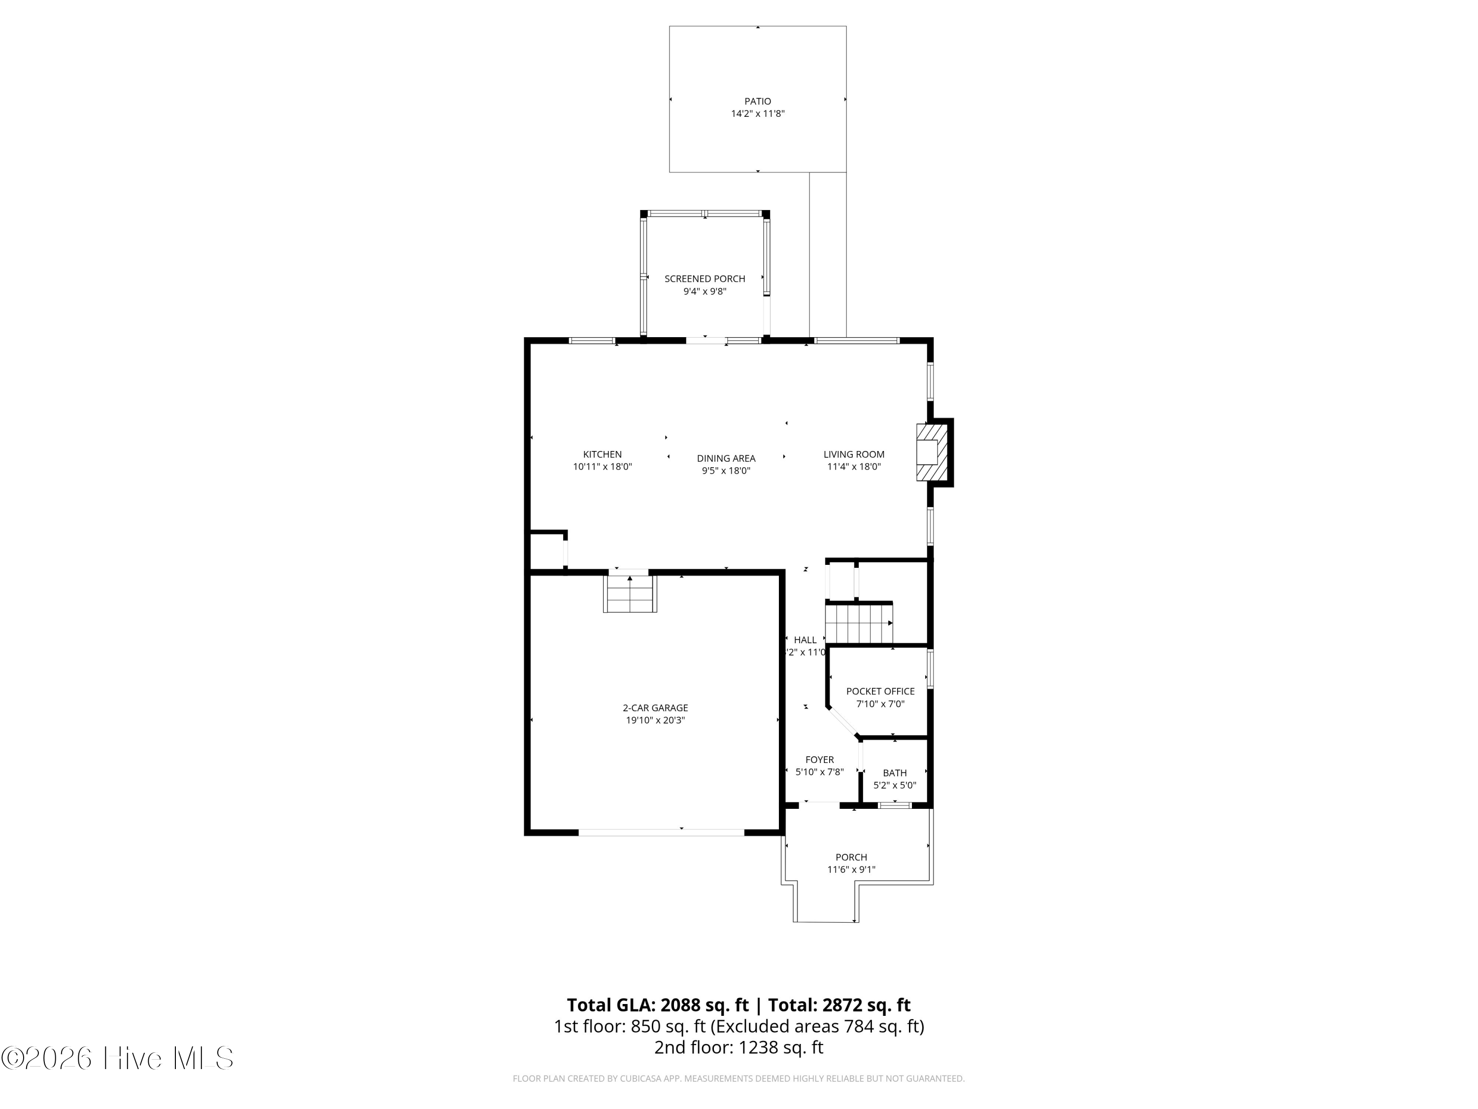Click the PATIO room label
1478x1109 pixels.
pos(758,102)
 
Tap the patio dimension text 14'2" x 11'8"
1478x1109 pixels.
pos(758,114)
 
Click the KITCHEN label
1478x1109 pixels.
pos(602,454)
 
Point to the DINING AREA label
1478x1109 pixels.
pos(726,458)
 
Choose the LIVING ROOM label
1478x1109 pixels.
pos(854,454)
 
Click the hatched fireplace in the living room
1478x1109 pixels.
pos(932,452)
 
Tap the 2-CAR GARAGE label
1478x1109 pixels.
pos(655,708)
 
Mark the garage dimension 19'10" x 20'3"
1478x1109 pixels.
pos(655,720)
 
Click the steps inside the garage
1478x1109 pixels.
pos(630,593)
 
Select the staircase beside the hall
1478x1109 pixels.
pos(859,624)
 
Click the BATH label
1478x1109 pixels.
pos(895,773)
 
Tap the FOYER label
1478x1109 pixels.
pos(819,760)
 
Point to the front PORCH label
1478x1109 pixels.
pos(851,857)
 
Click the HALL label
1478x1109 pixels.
pos(805,640)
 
